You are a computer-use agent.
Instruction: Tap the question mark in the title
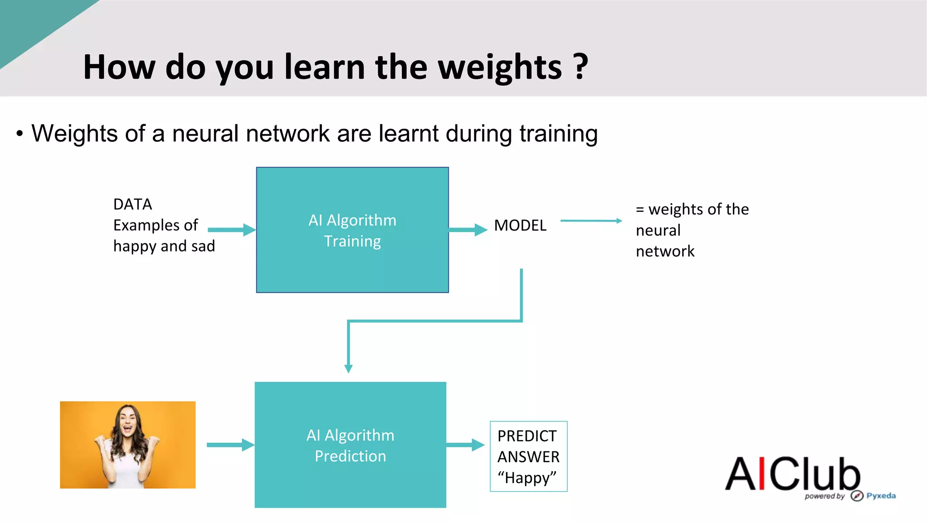[x=581, y=67]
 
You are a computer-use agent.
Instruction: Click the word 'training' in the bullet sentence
[x=559, y=134]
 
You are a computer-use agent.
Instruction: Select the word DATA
[x=132, y=204]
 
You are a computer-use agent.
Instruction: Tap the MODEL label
[x=520, y=225]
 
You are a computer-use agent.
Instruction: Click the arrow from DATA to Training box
[x=231, y=230]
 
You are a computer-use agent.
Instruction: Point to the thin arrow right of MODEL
[x=591, y=221]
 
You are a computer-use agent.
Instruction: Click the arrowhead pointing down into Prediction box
[x=348, y=368]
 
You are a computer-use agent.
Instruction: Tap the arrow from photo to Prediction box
[x=230, y=445]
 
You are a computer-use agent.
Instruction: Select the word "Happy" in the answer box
[x=527, y=478]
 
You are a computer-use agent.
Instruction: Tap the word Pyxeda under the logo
[x=880, y=496]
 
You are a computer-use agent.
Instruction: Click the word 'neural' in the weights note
[x=658, y=230]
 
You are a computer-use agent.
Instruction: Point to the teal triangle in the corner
[x=27, y=23]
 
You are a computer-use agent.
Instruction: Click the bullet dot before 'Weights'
[x=19, y=134]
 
